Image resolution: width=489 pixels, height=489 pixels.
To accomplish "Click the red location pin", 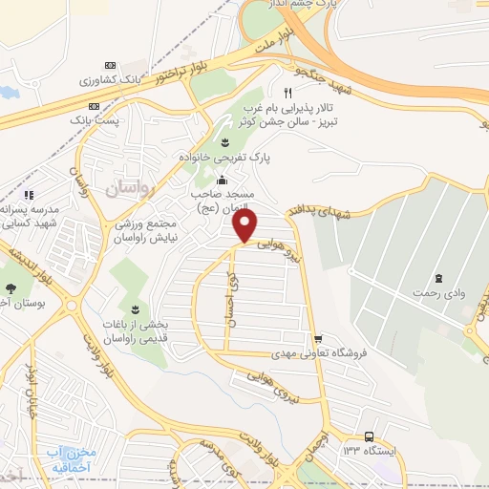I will (x=246, y=225).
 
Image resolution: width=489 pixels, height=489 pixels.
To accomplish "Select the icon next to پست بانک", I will (x=95, y=107).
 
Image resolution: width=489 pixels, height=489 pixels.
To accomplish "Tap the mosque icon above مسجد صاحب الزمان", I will (x=223, y=181).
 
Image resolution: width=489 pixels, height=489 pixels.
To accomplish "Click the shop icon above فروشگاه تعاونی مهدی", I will (x=317, y=338).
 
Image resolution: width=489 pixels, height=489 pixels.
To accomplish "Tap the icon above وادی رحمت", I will (x=437, y=278).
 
